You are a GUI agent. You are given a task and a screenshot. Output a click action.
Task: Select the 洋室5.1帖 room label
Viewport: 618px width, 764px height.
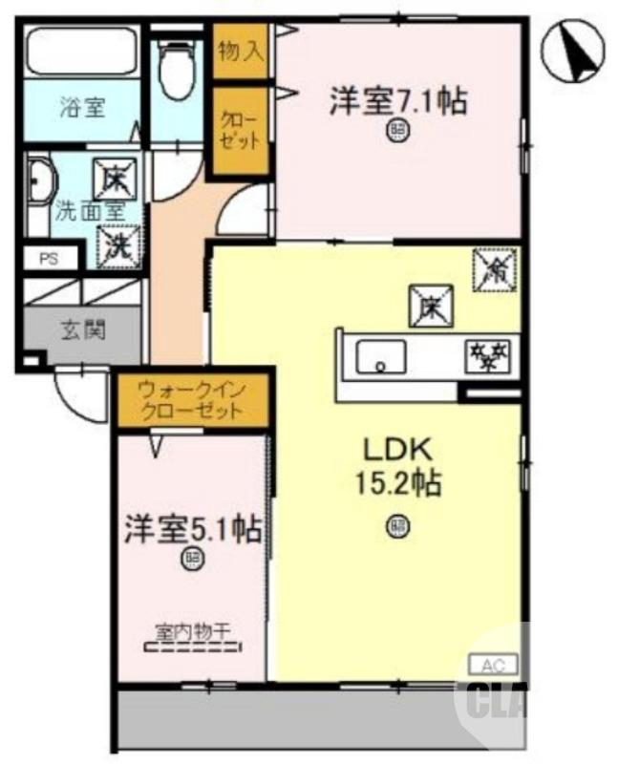[192, 530]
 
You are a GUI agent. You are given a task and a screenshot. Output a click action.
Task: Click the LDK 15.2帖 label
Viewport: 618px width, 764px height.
[397, 466]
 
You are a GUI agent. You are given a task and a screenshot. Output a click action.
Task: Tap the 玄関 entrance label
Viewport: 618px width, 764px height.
[84, 330]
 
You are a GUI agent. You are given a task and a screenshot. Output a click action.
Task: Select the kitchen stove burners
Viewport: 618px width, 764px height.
[490, 357]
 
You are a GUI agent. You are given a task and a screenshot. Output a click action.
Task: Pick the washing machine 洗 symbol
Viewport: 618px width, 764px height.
[117, 243]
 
